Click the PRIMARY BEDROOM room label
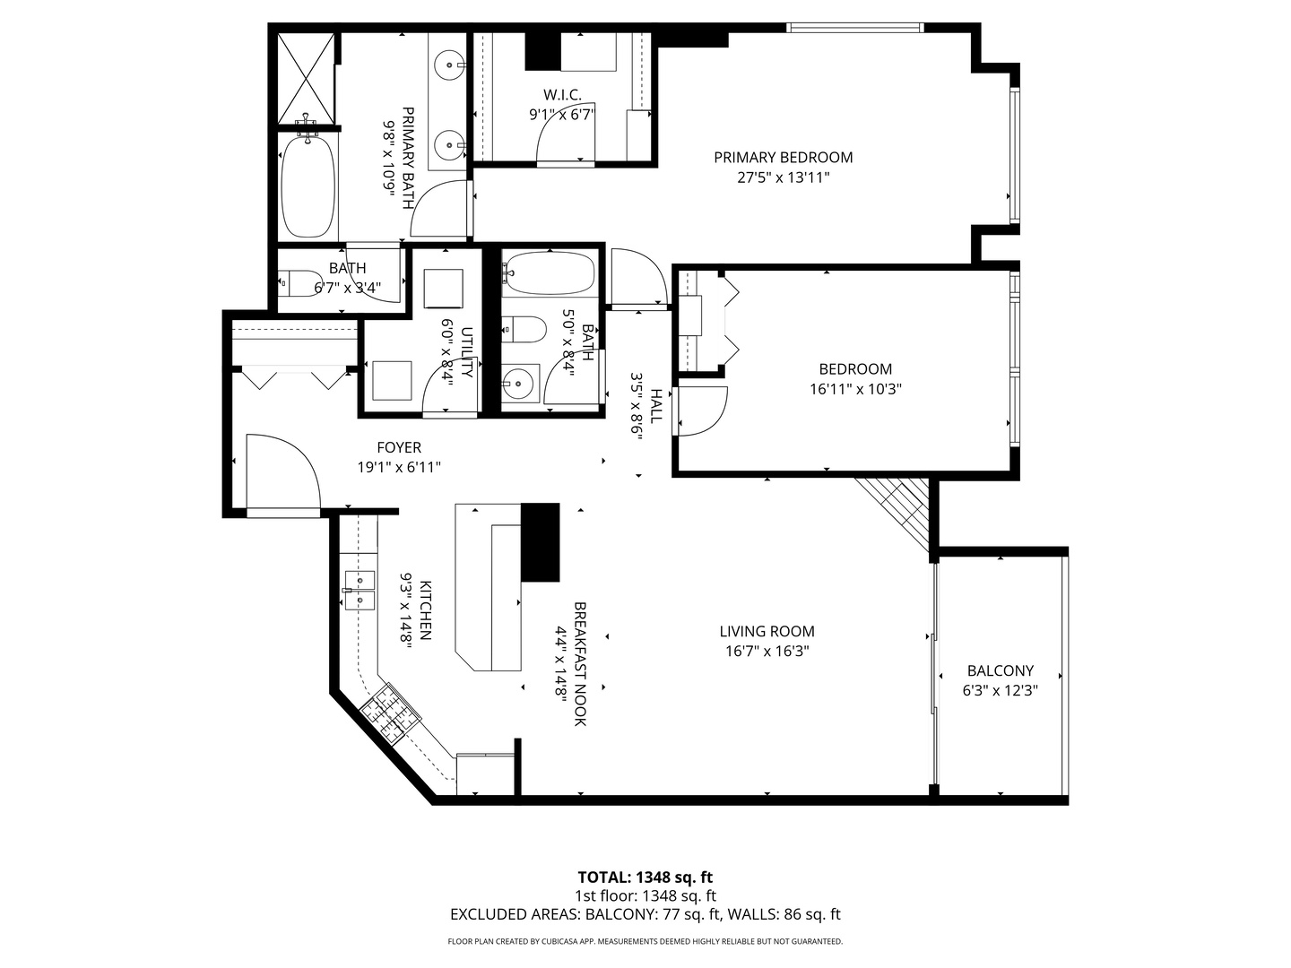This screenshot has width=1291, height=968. click(x=783, y=158)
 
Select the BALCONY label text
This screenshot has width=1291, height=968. click(x=1000, y=670)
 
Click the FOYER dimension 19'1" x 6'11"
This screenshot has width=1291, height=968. click(x=399, y=467)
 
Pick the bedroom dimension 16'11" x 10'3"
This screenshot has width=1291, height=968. click(x=854, y=389)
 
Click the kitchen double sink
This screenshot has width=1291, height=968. click(x=360, y=589)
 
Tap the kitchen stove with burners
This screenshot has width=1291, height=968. click(x=391, y=713)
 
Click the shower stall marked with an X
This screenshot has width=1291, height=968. click(x=305, y=78)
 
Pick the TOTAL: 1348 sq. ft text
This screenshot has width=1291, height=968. click(x=645, y=877)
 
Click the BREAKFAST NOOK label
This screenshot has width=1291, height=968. click(x=580, y=663)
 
